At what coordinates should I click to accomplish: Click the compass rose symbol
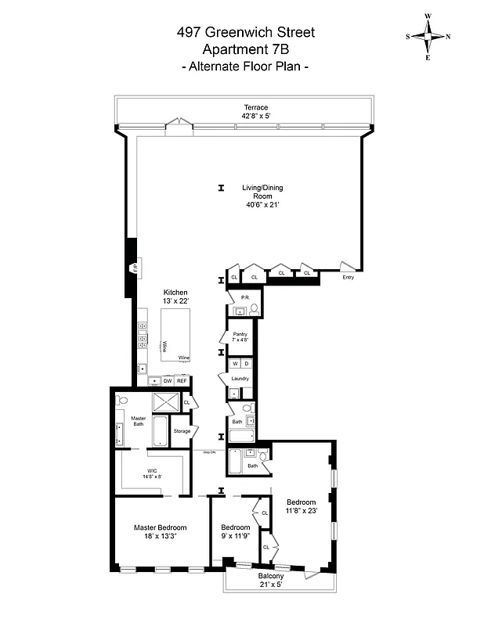428,37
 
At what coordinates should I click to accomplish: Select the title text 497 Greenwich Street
246,32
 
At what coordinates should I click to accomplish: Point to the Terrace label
255,108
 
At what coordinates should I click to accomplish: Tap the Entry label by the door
348,277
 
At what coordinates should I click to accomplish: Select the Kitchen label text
175,293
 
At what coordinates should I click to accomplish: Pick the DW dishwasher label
167,381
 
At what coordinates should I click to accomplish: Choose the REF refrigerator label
181,381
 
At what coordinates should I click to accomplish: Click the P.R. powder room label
246,298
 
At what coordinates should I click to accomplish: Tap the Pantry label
240,334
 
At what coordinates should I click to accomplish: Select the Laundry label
240,379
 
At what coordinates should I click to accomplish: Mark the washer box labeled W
234,364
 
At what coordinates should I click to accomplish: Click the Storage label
182,431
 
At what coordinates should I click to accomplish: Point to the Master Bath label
139,421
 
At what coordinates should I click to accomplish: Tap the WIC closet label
152,471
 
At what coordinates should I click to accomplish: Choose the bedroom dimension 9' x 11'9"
235,537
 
